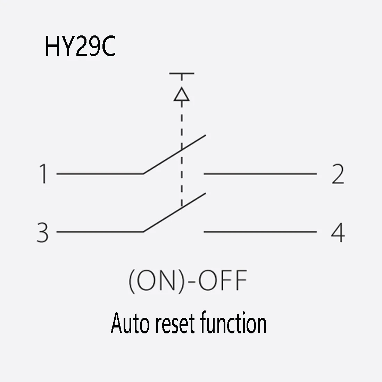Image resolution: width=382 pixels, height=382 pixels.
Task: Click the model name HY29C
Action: pos(80,48)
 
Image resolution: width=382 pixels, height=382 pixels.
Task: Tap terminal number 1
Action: pos(43,174)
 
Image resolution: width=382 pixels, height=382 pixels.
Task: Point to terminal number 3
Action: pos(43,232)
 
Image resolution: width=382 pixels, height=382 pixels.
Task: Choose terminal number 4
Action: pos(338,232)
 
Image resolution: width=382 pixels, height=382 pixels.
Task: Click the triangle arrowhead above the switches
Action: pos(181,95)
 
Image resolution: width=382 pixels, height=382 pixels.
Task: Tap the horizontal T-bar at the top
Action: pos(181,74)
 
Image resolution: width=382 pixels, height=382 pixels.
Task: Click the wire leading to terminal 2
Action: pos(260,174)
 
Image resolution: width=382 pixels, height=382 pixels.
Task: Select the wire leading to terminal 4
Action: pos(260,232)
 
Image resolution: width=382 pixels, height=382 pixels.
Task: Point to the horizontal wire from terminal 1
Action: pos(100,174)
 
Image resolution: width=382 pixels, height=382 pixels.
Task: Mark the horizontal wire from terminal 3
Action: pos(100,232)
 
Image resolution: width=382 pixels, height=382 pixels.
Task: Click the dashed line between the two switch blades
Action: pos(181,181)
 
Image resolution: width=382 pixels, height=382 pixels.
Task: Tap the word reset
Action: pos(175,324)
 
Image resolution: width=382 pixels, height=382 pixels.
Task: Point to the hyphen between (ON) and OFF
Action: pos(191,282)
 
